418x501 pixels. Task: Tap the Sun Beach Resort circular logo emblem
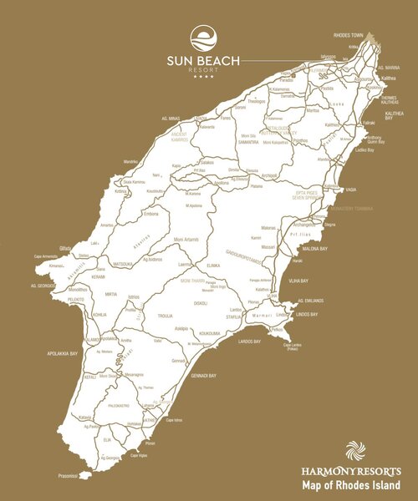tap(202, 38)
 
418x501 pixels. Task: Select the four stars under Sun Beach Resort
tap(202, 78)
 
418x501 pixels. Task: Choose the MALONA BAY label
tap(310, 248)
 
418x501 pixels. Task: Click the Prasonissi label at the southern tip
tap(68, 476)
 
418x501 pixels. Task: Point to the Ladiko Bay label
tap(364, 150)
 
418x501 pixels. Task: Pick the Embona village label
tap(151, 213)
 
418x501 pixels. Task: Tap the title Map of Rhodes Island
tap(350, 485)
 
